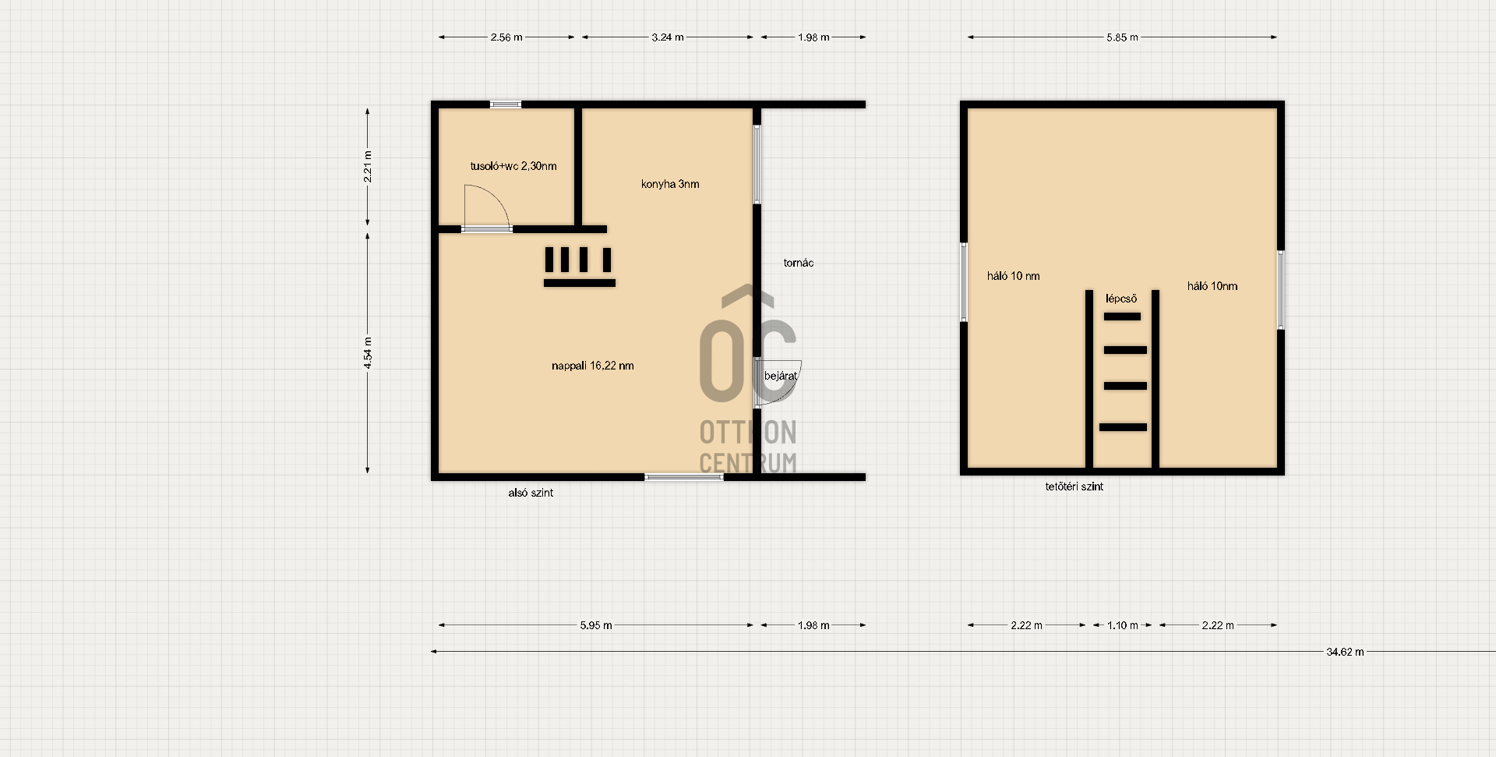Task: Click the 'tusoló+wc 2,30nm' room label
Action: [513, 166]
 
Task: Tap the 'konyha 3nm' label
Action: [670, 184]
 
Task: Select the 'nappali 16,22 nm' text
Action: [592, 366]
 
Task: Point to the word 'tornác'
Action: [798, 263]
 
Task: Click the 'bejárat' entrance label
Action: [780, 376]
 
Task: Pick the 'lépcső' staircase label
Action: [1121, 299]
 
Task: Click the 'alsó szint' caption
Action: [531, 493]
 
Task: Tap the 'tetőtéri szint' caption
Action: [1074, 486]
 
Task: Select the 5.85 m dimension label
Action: [1122, 37]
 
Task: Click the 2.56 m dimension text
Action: [506, 37]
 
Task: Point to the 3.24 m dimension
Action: [668, 37]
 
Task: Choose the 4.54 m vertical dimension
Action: [368, 352]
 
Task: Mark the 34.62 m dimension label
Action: [1345, 652]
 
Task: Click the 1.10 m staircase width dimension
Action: [1122, 625]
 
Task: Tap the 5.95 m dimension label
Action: [596, 625]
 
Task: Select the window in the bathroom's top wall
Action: [506, 104]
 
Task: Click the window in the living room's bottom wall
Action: [684, 476]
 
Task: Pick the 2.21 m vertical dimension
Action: [368, 166]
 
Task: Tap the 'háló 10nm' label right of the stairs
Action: [1212, 286]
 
